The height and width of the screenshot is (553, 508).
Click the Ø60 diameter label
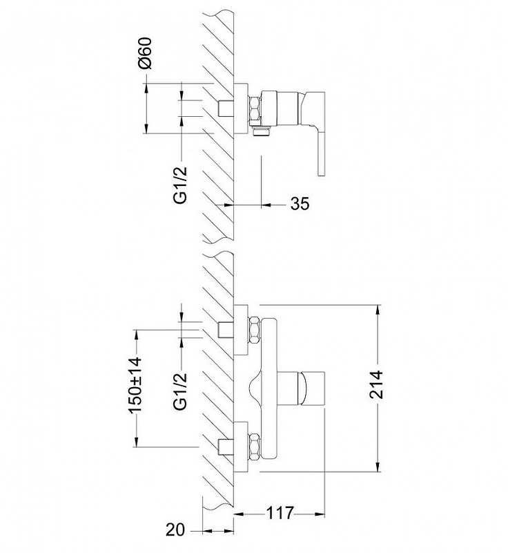click(x=145, y=53)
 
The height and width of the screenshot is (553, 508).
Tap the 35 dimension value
click(x=300, y=204)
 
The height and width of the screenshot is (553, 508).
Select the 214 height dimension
click(x=377, y=384)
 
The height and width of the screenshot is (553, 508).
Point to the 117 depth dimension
click(x=280, y=513)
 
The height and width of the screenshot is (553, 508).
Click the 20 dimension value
click(x=175, y=529)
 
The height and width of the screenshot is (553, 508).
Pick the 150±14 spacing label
click(x=135, y=385)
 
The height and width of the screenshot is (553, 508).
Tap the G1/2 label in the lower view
click(x=181, y=391)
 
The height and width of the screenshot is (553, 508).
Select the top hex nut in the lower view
click(x=255, y=331)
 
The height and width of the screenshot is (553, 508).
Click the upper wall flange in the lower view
click(x=241, y=330)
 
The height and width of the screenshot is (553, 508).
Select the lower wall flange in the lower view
click(x=241, y=447)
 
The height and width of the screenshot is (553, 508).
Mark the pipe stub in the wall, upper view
click(x=226, y=109)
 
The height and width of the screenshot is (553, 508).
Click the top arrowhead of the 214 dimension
click(x=378, y=310)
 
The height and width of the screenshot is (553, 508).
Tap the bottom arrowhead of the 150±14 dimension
click(x=136, y=442)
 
